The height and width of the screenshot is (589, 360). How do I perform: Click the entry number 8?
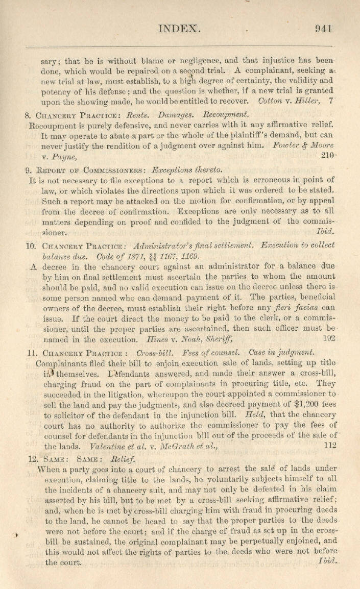coord(28,114)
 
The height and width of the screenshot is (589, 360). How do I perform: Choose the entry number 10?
coord(30,245)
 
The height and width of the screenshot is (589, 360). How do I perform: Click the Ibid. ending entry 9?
coord(325,233)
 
